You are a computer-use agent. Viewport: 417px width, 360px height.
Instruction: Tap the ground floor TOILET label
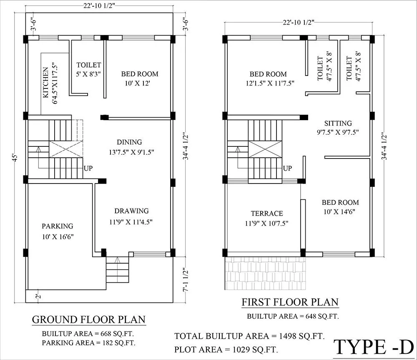coord(88,65)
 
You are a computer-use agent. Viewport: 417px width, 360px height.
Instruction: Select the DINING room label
coord(129,142)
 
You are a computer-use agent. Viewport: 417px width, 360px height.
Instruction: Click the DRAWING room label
coord(132,211)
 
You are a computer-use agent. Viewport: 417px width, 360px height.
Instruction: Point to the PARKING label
coord(57,226)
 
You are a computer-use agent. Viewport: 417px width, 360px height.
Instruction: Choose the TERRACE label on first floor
coord(267,213)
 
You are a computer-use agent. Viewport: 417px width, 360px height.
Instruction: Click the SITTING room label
coord(338,123)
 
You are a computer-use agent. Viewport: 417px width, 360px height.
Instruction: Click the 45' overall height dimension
coord(15,159)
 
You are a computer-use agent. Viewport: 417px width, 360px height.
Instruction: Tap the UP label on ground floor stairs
coord(88,169)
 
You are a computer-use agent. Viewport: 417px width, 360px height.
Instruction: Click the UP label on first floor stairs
coord(287,169)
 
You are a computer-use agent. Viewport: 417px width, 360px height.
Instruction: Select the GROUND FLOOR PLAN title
coord(89,320)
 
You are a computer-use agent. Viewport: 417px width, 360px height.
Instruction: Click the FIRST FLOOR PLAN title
coord(290,302)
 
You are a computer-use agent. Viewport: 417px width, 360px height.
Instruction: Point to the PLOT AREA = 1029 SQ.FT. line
coord(226,349)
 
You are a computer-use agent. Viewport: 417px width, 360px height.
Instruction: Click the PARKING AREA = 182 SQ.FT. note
coord(89,342)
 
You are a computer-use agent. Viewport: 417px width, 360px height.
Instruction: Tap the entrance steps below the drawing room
coord(117,270)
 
